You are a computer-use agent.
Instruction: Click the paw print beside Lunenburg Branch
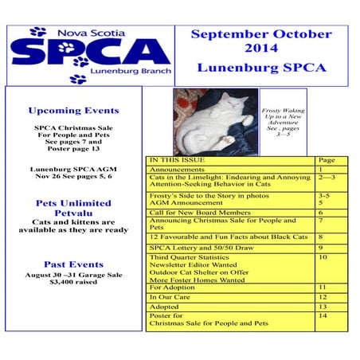click(77, 79)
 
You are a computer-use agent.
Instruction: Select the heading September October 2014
click(261, 42)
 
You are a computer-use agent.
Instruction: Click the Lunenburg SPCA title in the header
click(261, 68)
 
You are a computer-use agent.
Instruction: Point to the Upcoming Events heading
click(73, 111)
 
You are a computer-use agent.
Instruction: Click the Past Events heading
click(73, 264)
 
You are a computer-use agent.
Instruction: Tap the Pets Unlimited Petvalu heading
click(73, 209)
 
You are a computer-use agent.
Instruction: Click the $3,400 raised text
click(73, 281)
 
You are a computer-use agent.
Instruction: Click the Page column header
click(327, 160)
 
